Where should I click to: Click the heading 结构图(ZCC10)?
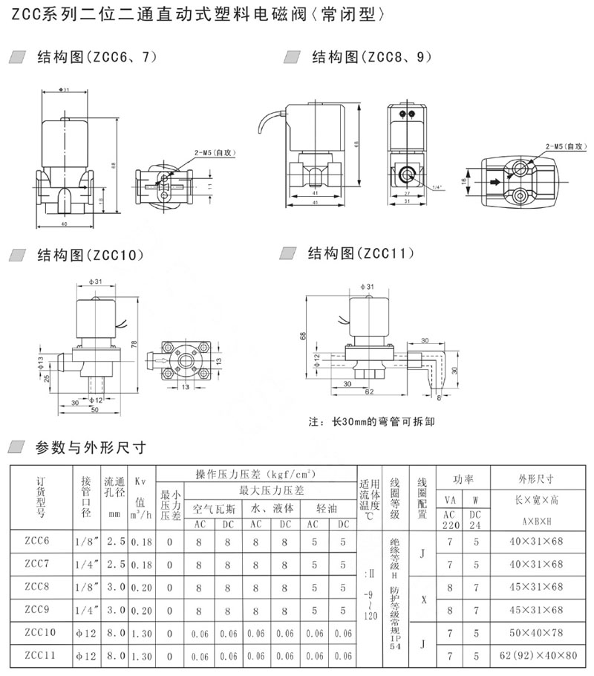coord(89,256)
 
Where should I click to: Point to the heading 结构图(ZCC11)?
coord(359,254)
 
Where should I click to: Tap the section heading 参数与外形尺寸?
coord(89,447)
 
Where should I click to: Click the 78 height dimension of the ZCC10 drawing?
coord(134,343)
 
